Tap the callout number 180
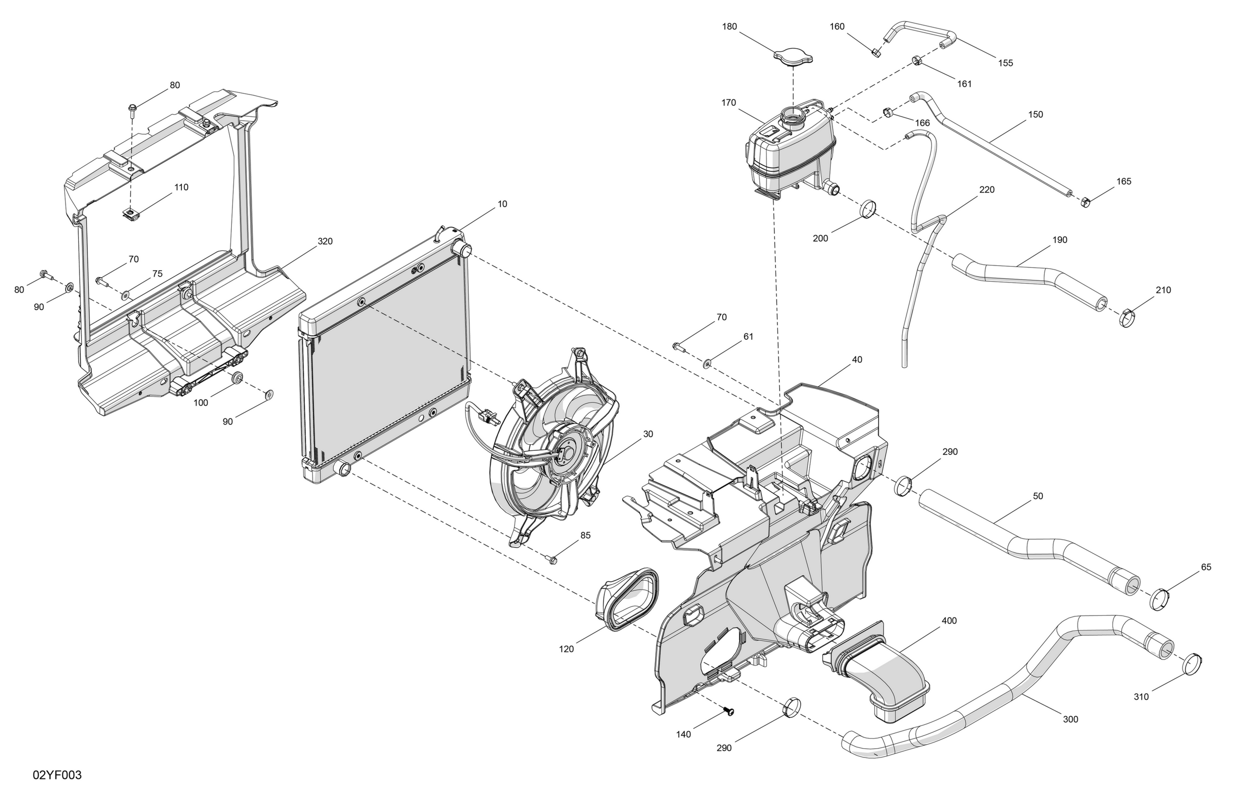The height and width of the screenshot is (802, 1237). pos(730,26)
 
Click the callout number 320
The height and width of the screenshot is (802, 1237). pos(325,241)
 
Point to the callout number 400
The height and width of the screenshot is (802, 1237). pos(949,621)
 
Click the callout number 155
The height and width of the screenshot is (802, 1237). pos(1006,63)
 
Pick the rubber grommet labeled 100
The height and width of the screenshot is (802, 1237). pos(238,377)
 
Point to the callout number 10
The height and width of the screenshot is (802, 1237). pos(502,204)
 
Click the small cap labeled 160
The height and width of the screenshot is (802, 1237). pos(876,52)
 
